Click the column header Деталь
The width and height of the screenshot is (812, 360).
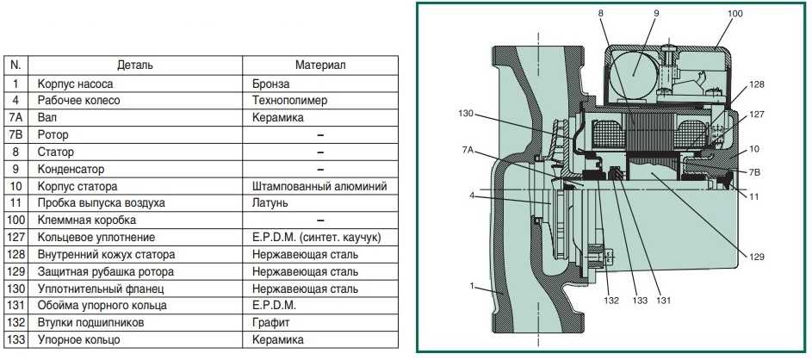click(135, 65)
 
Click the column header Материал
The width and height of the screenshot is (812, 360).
click(320, 65)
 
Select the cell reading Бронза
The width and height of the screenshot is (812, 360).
click(271, 84)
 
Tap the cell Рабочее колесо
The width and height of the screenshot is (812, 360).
click(78, 100)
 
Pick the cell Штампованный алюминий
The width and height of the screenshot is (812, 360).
click(319, 186)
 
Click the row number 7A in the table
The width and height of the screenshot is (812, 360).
click(15, 118)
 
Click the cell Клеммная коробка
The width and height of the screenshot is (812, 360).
click(87, 220)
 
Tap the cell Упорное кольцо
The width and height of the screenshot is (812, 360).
click(78, 340)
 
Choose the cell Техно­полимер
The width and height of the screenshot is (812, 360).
click(290, 100)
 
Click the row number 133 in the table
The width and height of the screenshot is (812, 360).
click(15, 340)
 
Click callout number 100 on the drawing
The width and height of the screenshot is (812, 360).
click(735, 14)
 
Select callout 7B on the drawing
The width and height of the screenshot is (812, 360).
click(754, 171)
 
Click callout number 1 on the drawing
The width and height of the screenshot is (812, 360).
click(472, 285)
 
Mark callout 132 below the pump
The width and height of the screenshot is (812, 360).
click(611, 301)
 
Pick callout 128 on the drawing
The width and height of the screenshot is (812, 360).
click(756, 84)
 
